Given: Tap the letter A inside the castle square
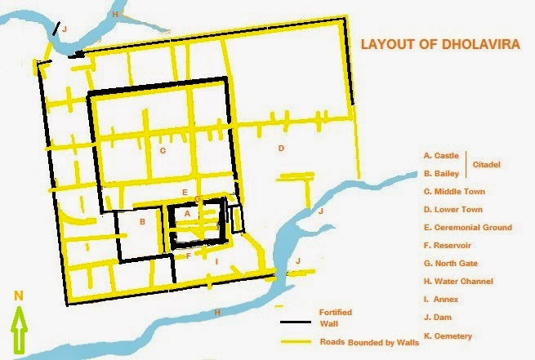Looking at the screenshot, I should (187, 212).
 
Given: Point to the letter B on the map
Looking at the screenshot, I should (142, 221).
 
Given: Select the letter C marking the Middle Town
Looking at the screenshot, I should (163, 150).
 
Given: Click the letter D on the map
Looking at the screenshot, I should (280, 148).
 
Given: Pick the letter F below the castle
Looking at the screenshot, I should (189, 256).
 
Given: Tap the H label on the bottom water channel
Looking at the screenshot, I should (216, 312).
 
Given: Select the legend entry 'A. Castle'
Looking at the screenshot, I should (442, 154).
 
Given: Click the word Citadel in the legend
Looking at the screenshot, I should (485, 164).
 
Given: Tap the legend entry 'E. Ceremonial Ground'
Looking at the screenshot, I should (468, 228).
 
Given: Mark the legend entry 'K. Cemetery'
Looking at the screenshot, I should (449, 336).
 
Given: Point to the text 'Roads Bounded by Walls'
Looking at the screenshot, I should (369, 342).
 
